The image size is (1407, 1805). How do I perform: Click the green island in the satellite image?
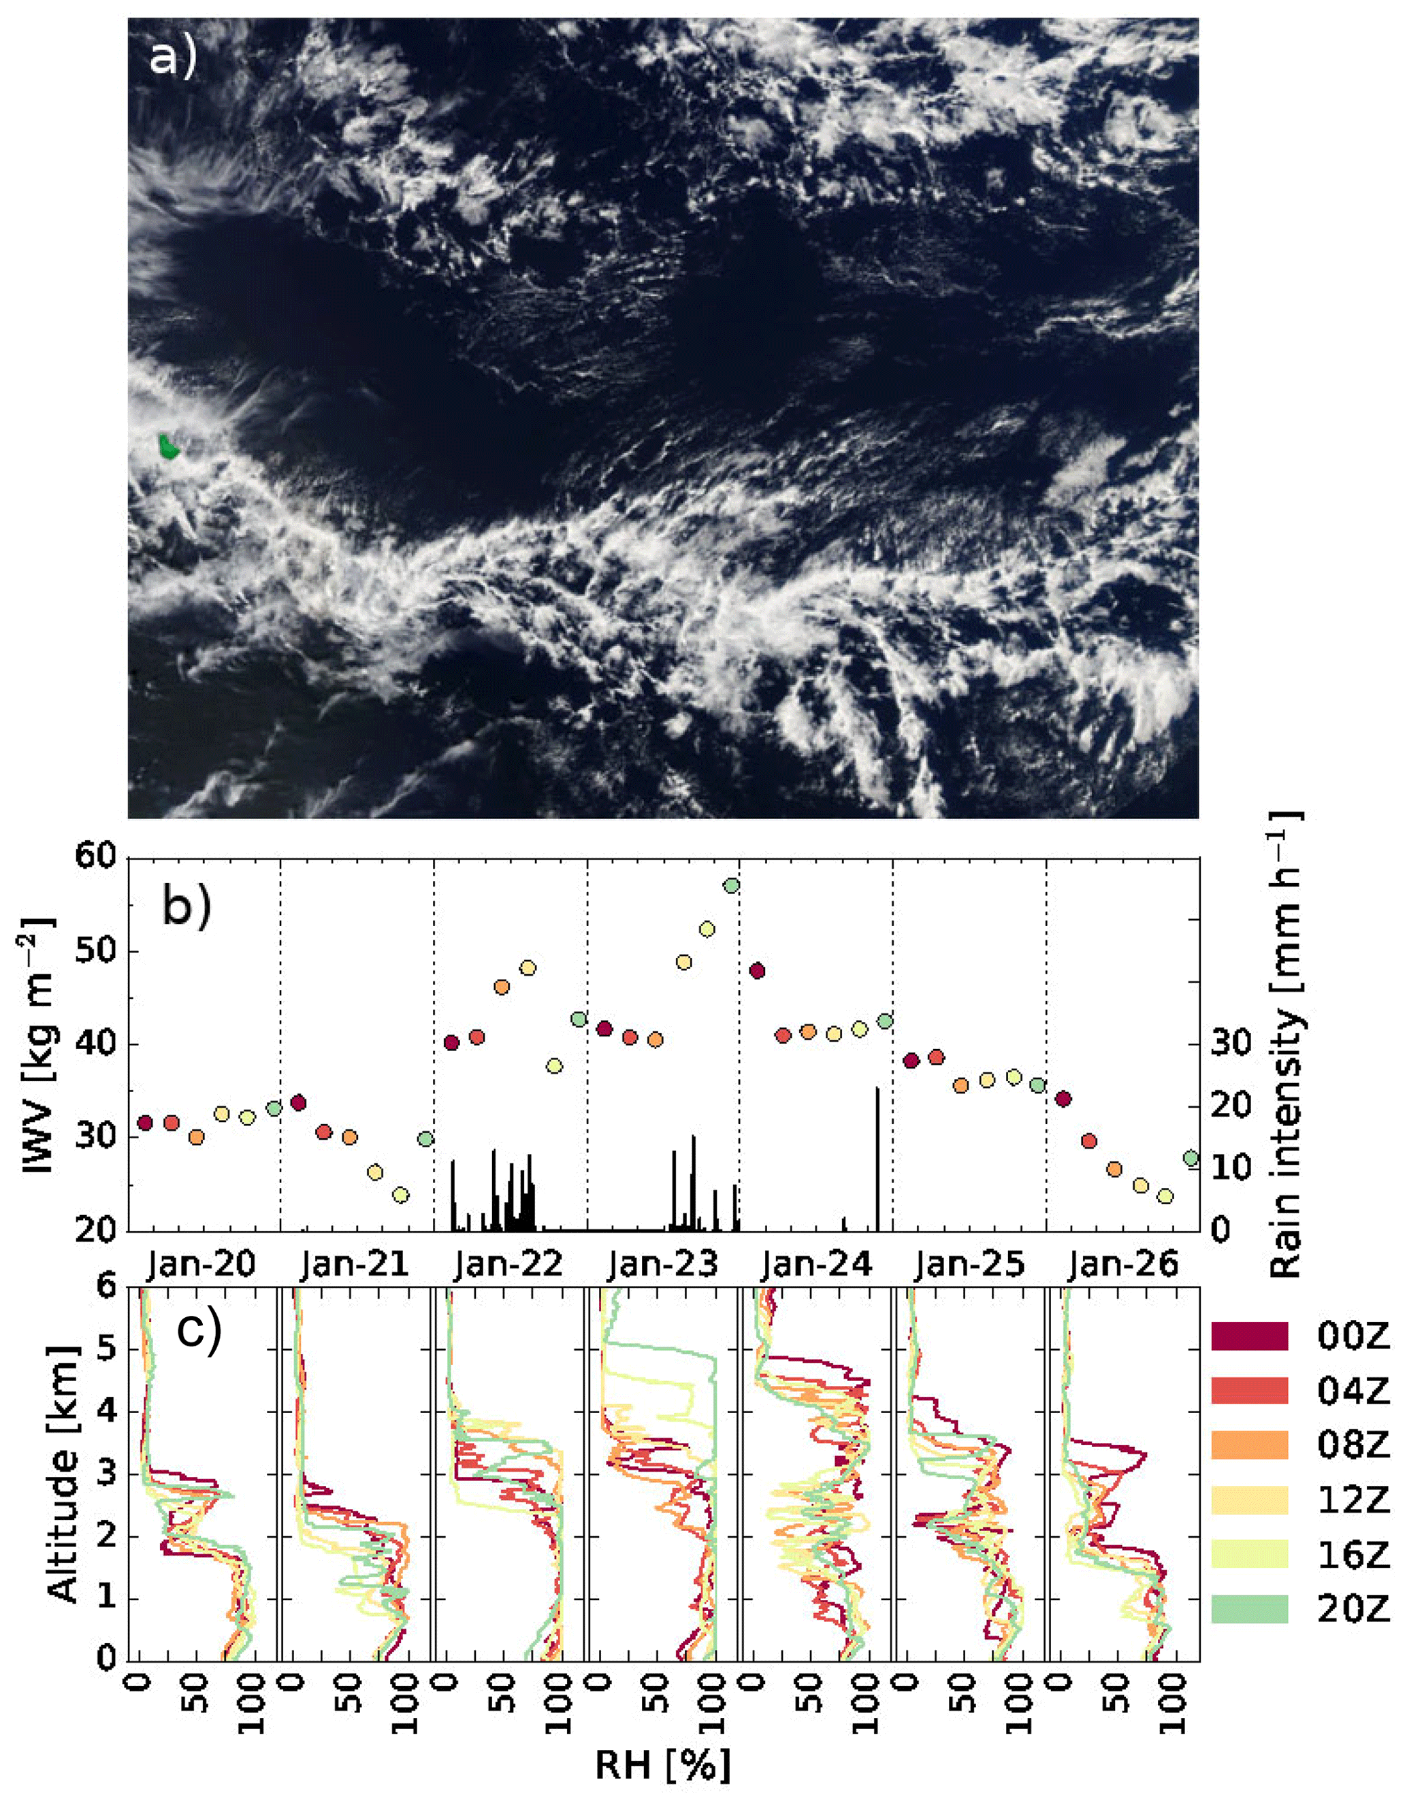pos(169,446)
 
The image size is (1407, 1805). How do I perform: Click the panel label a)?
pos(173,58)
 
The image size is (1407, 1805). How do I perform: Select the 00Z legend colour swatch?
pos(1249,1336)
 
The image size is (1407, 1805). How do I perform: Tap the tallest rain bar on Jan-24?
pos(877,1157)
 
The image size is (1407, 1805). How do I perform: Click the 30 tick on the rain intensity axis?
pos(1232,1044)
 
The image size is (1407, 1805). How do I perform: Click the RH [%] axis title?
pos(663,1766)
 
